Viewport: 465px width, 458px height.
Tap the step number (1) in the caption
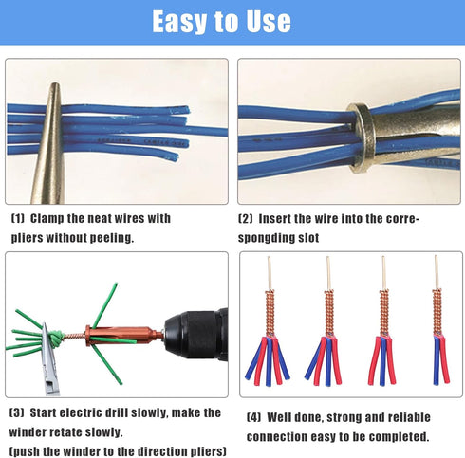[18, 219]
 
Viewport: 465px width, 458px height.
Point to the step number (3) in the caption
[18, 412]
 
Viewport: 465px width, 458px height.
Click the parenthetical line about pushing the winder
[119, 449]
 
